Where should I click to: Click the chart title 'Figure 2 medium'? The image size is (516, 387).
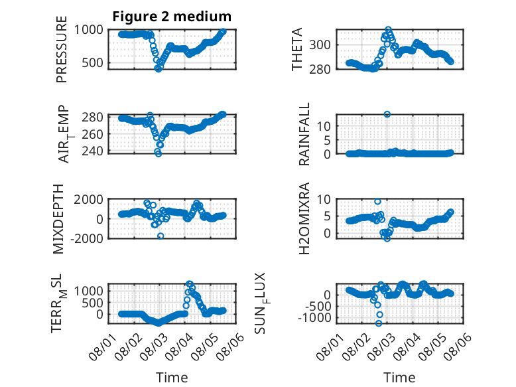[172, 17]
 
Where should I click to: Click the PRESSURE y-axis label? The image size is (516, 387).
[62, 49]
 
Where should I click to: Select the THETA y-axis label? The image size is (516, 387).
[297, 49]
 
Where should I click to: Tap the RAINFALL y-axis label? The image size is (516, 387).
[304, 133]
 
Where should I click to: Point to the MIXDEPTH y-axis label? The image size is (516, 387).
[58, 218]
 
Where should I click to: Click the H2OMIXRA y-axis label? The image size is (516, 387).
[304, 218]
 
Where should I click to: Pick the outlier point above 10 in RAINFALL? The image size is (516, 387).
[387, 114]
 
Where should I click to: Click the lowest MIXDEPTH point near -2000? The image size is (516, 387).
[161, 236]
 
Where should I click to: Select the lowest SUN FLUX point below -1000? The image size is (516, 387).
[379, 323]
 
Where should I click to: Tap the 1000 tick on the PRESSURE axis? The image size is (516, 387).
[88, 30]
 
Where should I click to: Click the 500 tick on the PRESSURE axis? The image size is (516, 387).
[92, 62]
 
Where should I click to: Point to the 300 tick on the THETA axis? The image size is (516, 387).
[320, 44]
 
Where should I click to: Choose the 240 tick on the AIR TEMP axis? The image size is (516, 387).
[92, 151]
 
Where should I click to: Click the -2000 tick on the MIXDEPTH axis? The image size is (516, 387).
[87, 238]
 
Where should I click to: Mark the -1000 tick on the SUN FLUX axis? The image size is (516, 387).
[314, 318]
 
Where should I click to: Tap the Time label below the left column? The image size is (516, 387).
[172, 378]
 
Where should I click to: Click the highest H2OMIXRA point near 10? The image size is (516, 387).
[377, 202]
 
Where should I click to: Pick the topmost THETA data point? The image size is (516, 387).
[388, 29]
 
